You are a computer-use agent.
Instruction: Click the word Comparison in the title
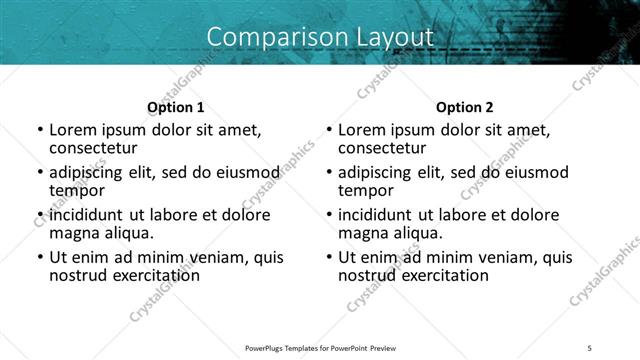tap(268, 37)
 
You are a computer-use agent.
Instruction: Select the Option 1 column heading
tap(175, 106)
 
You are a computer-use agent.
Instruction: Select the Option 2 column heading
tap(464, 106)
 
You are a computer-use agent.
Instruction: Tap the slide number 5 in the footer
tap(590, 347)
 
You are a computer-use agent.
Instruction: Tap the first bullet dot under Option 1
tap(39, 130)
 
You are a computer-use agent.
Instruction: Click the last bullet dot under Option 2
tap(328, 258)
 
